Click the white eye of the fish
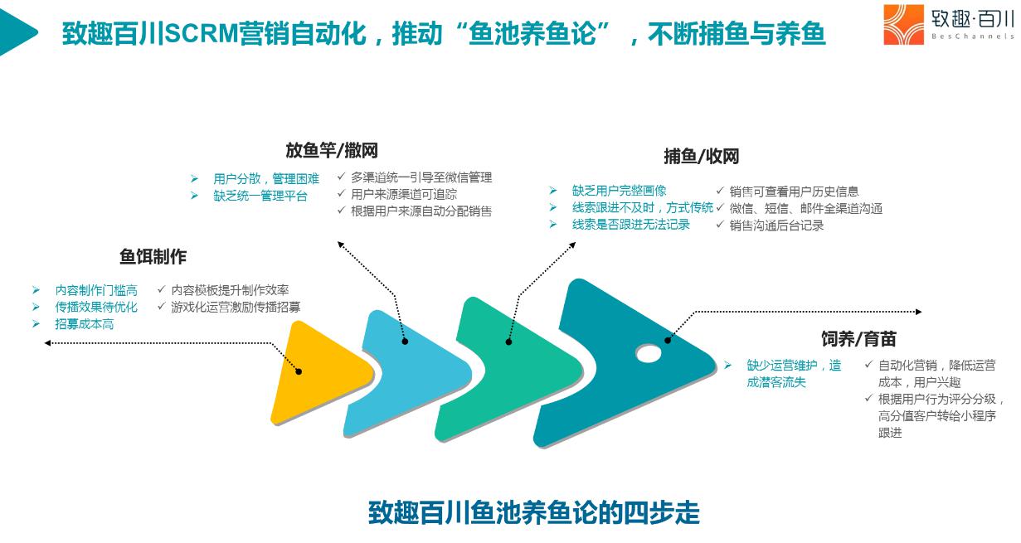tap(649, 354)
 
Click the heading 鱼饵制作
tap(153, 257)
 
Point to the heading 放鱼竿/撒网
tap(332, 150)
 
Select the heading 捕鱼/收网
tap(701, 156)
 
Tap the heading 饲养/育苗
tap(858, 339)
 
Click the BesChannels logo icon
tap(903, 24)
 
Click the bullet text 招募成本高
tap(85, 324)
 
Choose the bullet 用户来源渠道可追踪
tap(404, 194)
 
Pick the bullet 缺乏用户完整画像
tap(619, 191)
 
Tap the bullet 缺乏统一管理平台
tap(260, 196)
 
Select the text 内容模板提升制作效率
tap(230, 290)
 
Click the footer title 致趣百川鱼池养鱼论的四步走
tap(533, 512)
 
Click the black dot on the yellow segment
tap(299, 371)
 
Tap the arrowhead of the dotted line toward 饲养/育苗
tap(918, 312)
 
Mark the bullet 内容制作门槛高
tap(96, 290)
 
